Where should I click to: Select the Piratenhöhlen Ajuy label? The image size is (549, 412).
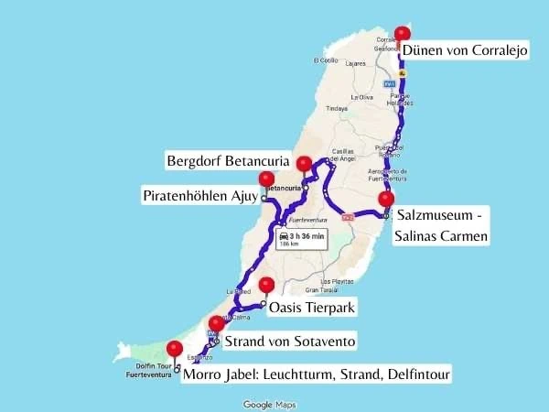[x=199, y=196]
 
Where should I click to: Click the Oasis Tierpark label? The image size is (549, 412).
[x=312, y=307]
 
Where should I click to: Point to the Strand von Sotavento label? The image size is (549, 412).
[x=290, y=342]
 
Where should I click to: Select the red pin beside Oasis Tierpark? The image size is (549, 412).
[x=266, y=284]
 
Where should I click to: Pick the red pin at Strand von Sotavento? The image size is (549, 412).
[x=217, y=322]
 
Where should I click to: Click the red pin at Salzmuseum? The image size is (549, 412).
[x=386, y=199]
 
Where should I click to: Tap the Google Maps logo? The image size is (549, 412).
[x=269, y=404]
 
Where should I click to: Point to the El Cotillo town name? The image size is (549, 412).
[x=325, y=61]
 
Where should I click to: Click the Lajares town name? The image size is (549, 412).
[x=356, y=64]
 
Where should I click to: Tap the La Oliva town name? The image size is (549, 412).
[x=362, y=96]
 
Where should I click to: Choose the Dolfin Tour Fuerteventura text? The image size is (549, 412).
[x=149, y=371]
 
